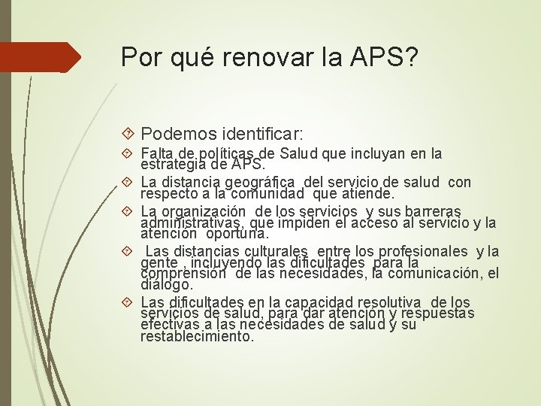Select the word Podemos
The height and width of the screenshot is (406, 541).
point(178,135)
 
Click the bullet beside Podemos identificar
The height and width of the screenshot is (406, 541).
point(129,135)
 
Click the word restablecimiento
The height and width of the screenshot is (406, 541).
point(197,336)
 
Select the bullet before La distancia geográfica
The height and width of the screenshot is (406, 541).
point(129,183)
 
